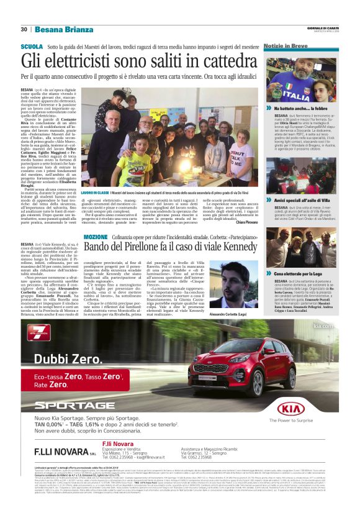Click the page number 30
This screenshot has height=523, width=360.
24,29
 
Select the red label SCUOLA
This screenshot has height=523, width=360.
32,47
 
